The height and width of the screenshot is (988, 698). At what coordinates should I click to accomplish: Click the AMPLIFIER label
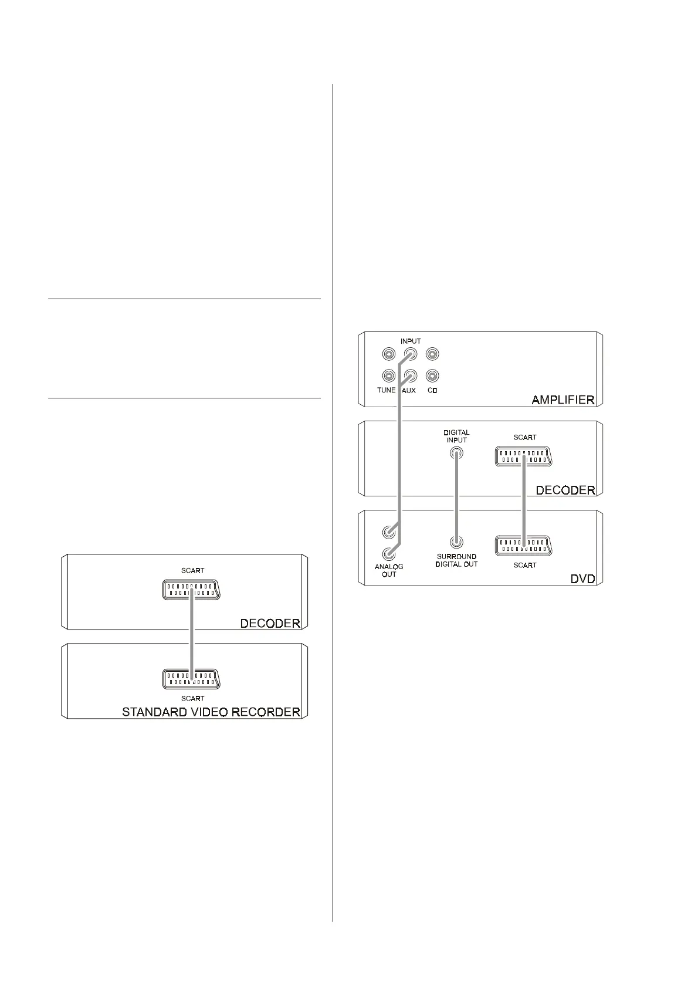tap(563, 400)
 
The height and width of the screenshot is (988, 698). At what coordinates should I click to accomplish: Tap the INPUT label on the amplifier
tap(411, 341)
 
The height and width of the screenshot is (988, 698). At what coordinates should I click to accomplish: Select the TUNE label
tap(387, 390)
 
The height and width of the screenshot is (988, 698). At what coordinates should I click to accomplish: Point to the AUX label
tap(409, 390)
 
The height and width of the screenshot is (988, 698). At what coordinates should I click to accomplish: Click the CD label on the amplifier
tap(432, 390)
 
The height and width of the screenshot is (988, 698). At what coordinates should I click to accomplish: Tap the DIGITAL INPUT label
tap(456, 437)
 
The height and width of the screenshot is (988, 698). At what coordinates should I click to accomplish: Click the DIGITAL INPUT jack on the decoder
tap(456, 453)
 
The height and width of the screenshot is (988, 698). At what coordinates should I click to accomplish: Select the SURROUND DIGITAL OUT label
tap(456, 560)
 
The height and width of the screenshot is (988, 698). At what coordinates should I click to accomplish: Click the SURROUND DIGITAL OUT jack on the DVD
tap(456, 543)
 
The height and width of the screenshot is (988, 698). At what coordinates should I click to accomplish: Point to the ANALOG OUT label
tap(389, 570)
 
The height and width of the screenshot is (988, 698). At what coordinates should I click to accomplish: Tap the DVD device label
tap(582, 579)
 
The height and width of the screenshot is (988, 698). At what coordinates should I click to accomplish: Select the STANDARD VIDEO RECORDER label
tap(211, 712)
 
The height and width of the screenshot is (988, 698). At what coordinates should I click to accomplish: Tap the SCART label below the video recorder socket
tap(192, 698)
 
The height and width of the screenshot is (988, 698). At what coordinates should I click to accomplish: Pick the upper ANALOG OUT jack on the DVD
tap(388, 532)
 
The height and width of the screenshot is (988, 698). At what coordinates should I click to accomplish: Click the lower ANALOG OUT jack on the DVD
tap(388, 553)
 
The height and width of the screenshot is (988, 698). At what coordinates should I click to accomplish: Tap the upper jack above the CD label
tap(432, 354)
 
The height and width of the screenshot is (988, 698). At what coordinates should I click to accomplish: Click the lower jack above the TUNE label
tap(388, 375)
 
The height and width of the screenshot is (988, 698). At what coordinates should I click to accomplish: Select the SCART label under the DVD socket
tap(525, 565)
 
